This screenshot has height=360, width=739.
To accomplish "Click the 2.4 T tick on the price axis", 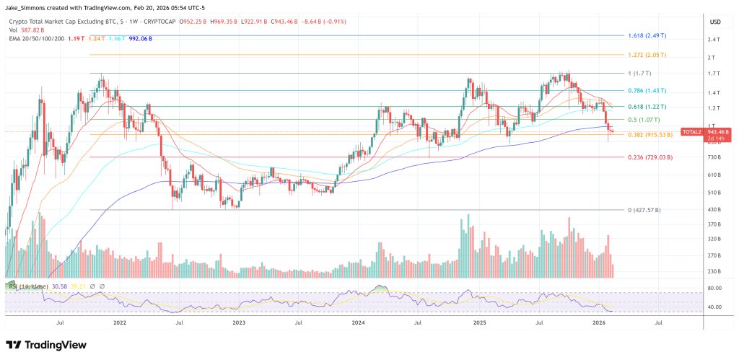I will pyautogui.click(x=712, y=40).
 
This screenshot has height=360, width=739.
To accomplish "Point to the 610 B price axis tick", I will pyautogui.click(x=714, y=175).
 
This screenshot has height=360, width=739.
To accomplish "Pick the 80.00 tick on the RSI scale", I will pyautogui.click(x=715, y=289).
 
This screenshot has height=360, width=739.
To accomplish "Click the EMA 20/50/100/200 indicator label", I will pyautogui.click(x=36, y=38).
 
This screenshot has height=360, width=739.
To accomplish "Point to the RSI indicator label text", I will pyautogui.click(x=26, y=286).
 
